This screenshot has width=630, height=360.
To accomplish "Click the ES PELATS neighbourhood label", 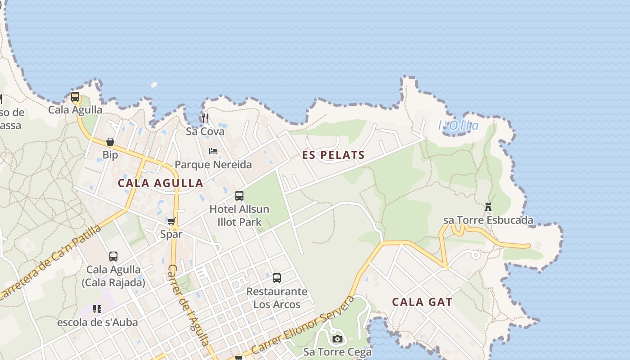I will (x=333, y=155).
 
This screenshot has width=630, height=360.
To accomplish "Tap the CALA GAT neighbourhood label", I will (x=422, y=302).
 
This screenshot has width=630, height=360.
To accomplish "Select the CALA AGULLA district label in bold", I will (x=160, y=183).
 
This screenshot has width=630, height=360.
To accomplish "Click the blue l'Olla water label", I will (x=458, y=126).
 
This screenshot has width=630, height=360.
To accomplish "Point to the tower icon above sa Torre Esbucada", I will (x=488, y=207).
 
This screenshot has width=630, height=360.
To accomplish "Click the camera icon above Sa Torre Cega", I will (x=337, y=339).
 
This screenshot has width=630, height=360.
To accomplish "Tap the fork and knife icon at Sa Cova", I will (x=205, y=118).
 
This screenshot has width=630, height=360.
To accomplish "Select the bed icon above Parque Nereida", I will (x=213, y=151).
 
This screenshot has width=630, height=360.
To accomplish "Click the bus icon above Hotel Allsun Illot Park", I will (x=239, y=196).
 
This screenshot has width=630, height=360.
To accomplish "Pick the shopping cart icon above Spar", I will (x=171, y=221).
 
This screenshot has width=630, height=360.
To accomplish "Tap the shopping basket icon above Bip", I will (x=110, y=142).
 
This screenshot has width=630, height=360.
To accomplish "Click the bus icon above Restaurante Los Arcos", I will (x=277, y=278).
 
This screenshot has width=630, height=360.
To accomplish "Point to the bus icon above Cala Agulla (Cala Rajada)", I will (x=113, y=256).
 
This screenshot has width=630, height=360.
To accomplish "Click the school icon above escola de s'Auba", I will (x=97, y=309).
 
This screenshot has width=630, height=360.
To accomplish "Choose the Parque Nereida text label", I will (x=213, y=165).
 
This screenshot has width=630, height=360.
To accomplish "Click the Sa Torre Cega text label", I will (x=337, y=352).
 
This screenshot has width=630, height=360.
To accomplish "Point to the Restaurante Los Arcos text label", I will (x=277, y=298).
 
